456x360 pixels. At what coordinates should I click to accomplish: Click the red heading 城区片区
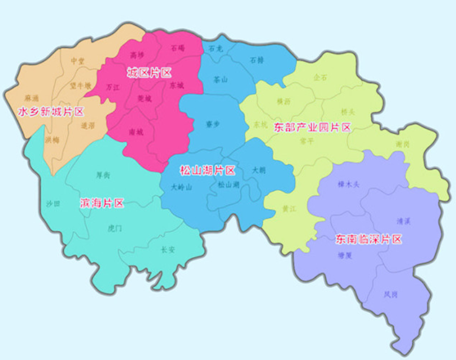tap(148, 72)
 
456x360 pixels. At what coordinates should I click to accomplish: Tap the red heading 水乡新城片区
tap(51, 112)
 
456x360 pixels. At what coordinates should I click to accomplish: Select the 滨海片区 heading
tap(102, 204)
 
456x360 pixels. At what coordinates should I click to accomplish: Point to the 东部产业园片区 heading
tap(312, 127)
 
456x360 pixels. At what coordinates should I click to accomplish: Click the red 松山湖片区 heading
tap(207, 170)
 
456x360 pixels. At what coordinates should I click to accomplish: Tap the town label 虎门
tap(115, 227)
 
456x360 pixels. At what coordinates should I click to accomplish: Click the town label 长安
tap(168, 249)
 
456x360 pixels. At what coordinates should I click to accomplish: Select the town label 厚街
tap(103, 175)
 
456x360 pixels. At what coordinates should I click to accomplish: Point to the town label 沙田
tap(53, 204)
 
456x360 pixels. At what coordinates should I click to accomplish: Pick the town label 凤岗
tap(390, 293)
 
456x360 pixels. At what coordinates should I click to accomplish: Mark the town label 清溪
tap(404, 221)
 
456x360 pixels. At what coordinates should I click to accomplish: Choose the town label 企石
tap(320, 77)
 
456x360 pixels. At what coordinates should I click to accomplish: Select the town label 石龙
tap(216, 49)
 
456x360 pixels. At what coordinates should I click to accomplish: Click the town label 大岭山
tap(181, 187)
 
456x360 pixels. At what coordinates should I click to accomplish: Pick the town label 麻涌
tap(32, 97)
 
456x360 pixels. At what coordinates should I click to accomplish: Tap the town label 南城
tap(136, 131)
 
